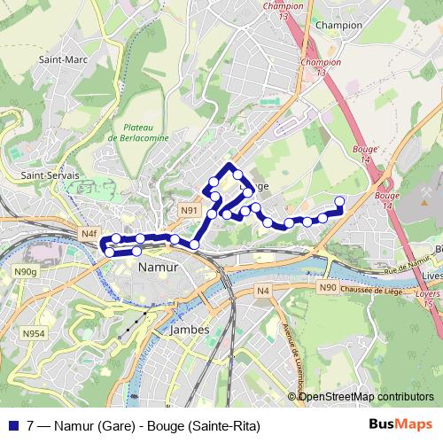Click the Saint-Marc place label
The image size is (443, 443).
tap(56, 60)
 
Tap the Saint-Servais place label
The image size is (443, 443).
tap(50, 175)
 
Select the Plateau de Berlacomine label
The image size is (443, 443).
tap(137, 133)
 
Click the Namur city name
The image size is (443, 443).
tap(159, 266)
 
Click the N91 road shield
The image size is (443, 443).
tap(189, 210)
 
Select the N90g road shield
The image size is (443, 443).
tap(26, 271)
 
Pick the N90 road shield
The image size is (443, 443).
tap(328, 287)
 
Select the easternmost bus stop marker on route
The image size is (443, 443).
tap(340, 200)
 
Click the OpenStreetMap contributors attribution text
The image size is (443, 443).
tap(365, 396)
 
